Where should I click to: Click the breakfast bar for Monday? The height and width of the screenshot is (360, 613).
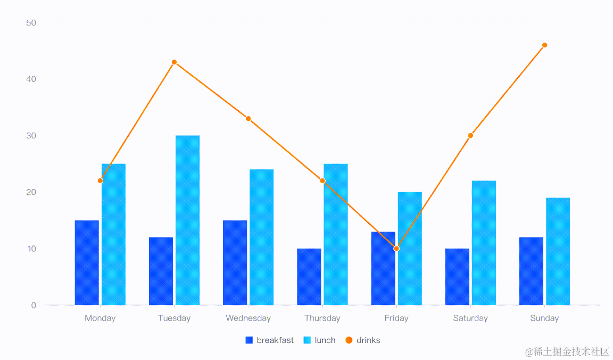[87, 263]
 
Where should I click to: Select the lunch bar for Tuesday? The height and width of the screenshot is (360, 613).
[187, 220]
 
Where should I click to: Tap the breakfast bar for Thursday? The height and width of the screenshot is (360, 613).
[309, 276]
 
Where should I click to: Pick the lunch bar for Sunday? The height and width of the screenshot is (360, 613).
[558, 251]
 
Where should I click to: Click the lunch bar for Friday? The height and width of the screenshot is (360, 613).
[410, 249]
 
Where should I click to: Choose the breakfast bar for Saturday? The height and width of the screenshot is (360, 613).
[457, 276]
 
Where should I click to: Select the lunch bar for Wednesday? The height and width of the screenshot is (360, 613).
[261, 237]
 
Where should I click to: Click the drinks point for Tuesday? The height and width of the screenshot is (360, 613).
[174, 62]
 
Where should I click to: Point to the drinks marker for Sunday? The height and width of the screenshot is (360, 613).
[544, 45]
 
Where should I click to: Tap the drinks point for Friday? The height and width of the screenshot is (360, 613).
[396, 249]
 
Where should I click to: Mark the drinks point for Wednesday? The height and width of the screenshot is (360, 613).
[248, 119]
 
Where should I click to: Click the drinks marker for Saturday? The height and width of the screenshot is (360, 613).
[470, 136]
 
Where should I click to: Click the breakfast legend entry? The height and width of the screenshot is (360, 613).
[270, 340]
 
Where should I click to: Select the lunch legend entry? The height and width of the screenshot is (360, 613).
[320, 340]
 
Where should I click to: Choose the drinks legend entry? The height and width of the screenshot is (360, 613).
[363, 340]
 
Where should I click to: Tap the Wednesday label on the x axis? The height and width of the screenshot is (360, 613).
[248, 318]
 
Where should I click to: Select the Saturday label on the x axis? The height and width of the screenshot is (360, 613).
[470, 318]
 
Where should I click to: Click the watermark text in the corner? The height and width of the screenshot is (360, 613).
[567, 351]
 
